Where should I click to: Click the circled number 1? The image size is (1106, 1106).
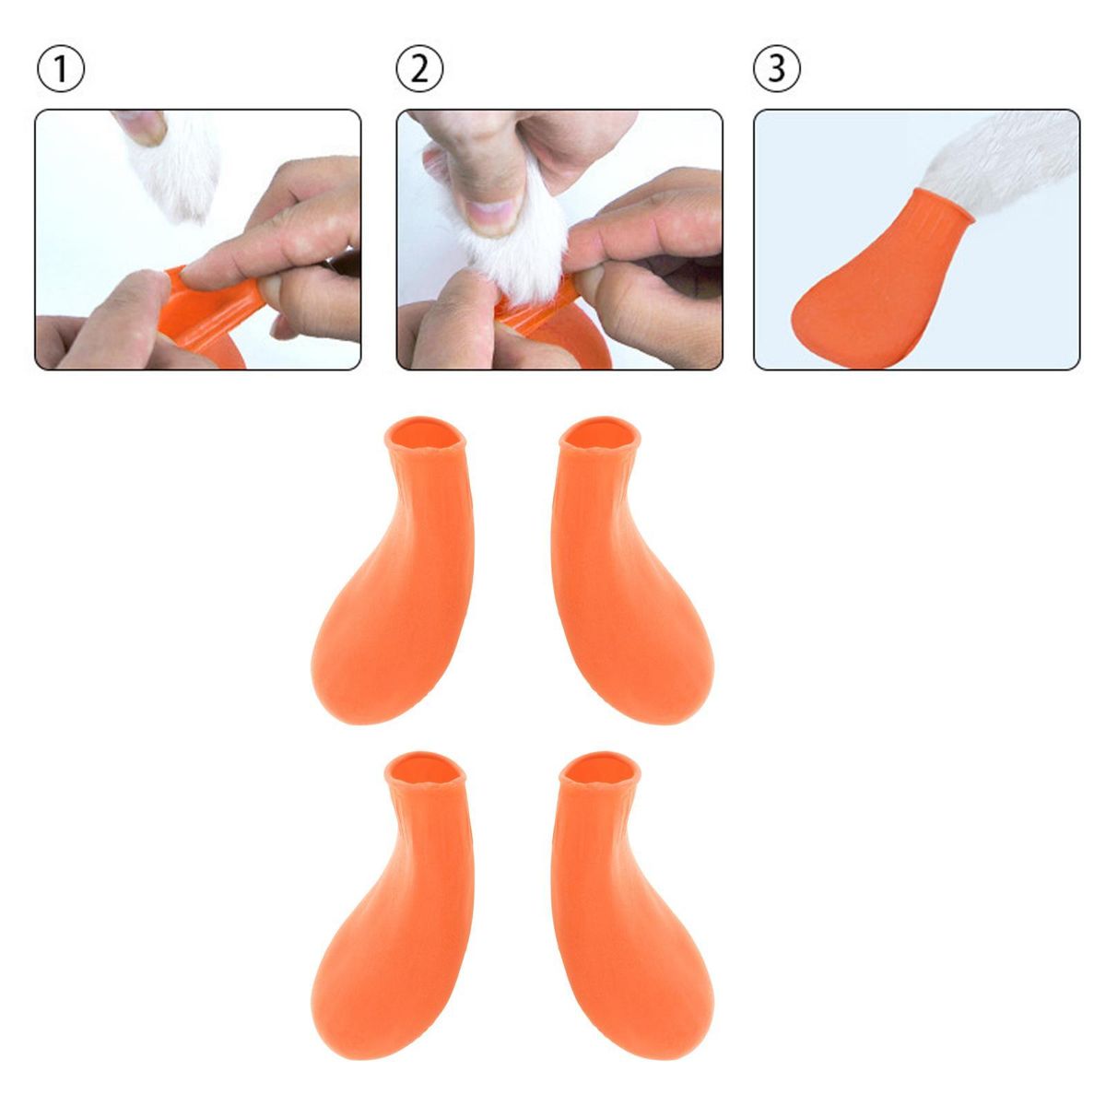tap(60, 68)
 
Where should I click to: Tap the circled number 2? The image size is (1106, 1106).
tap(419, 68)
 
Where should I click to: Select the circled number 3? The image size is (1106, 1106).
tap(777, 68)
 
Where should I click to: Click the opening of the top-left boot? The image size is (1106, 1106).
tap(425, 433)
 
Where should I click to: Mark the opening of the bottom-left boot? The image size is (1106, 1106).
tap(425, 768)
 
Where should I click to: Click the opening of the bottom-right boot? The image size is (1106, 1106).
tap(600, 768)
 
